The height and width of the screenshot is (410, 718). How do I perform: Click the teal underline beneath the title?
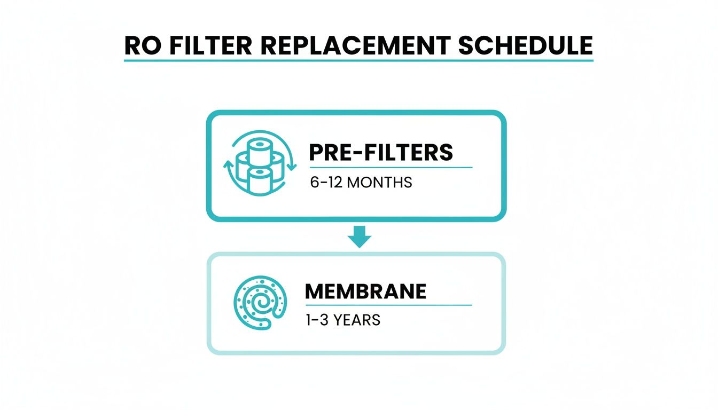[x=358, y=61]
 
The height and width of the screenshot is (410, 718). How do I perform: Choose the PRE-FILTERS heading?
[x=381, y=153]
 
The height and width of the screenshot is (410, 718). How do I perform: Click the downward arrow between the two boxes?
[x=359, y=236]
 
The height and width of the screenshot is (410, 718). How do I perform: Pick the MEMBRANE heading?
[x=365, y=291]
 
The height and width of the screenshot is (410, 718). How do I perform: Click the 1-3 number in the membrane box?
[x=317, y=320]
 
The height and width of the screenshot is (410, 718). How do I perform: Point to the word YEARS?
[x=357, y=320]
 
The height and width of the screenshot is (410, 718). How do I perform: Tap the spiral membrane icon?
[x=260, y=302]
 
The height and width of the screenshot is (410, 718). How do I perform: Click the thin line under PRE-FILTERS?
[x=391, y=167]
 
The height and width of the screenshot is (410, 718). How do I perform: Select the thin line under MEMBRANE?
[x=388, y=305]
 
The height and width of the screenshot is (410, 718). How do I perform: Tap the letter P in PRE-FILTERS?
[x=316, y=153]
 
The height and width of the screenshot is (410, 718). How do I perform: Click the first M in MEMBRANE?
[x=314, y=291]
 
